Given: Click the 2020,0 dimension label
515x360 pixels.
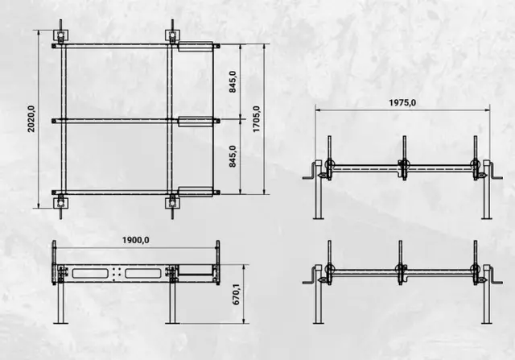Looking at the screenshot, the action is pos(31,119).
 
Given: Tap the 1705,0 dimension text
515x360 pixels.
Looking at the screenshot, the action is pos(256,119).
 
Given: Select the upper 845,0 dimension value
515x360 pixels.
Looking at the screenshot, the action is pos(233,81).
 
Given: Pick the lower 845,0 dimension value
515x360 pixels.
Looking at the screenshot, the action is pos(233,156).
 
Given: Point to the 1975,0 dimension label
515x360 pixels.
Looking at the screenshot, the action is pos(402,103).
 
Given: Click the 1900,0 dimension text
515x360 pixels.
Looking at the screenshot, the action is pos(136,240).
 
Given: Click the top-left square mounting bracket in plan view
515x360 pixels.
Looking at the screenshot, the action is pos(61,35).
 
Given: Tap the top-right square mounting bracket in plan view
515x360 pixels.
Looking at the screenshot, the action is pos(172,35).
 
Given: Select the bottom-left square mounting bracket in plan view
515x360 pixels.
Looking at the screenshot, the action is pos(61,203).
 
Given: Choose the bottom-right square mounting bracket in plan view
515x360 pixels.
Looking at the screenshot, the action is pos(172,203).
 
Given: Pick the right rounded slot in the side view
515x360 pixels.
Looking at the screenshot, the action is pos(143,273).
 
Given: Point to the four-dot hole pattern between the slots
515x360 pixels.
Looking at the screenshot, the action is pos(117,273).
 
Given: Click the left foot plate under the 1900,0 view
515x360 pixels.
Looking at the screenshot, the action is pos(61,324).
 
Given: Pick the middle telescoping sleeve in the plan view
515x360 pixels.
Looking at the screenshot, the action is pos(195,122).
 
